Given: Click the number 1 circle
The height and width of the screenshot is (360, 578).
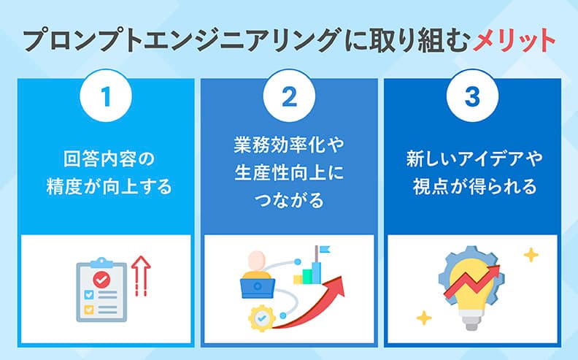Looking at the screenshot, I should coord(106,96).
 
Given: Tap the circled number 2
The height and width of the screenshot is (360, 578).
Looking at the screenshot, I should coord(289,96).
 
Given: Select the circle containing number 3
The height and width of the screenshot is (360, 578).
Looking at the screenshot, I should coord(472,96).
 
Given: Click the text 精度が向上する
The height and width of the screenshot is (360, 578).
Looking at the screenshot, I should coord(107,187).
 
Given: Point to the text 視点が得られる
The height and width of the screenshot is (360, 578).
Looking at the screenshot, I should coord(472,187).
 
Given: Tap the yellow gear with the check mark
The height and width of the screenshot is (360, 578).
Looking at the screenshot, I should coord(261,318).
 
